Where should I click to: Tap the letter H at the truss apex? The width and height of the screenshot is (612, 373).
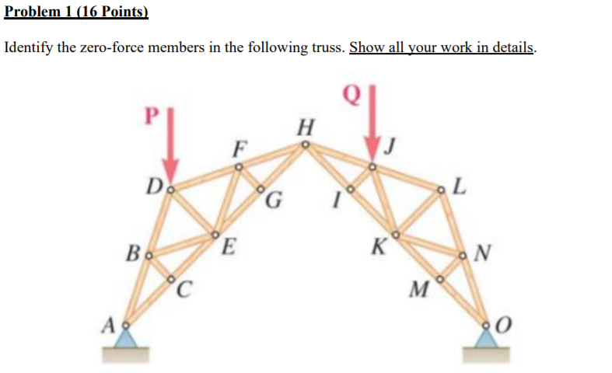(306, 125)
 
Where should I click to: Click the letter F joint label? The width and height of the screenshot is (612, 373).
(242, 147)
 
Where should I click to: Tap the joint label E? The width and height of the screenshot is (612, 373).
(228, 249)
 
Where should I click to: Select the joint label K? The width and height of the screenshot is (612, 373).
(378, 249)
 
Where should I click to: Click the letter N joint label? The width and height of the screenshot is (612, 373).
(483, 253)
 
